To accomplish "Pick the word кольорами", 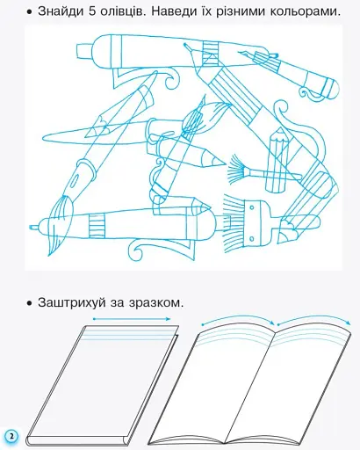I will [x=313, y=11].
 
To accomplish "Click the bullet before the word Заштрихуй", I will [x=30, y=302].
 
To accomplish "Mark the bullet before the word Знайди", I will [x=30, y=12].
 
